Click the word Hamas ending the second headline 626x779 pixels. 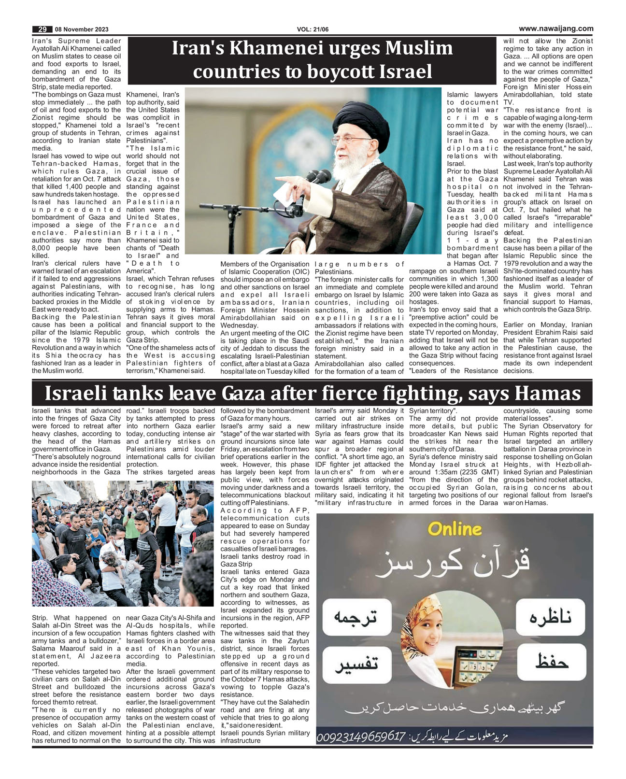[x=547, y=394]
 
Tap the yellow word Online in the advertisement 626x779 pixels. [x=455, y=529]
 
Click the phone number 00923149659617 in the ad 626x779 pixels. [x=360, y=737]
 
